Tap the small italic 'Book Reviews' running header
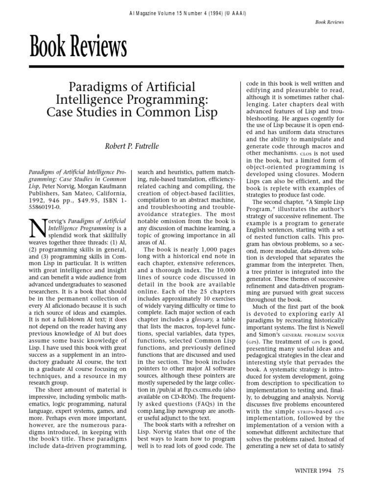pyautogui.click(x=330, y=22)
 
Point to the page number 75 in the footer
pyautogui.click(x=341, y=484)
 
